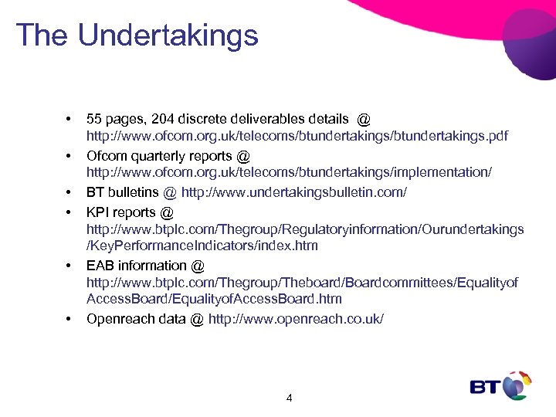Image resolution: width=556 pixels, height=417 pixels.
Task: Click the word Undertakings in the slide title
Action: (168, 35)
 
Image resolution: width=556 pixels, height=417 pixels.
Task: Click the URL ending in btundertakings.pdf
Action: (297, 137)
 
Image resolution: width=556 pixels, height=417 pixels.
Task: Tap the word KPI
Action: (99, 211)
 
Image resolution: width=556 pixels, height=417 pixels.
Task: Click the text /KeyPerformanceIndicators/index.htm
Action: (202, 246)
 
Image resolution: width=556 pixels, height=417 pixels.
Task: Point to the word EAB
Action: (100, 265)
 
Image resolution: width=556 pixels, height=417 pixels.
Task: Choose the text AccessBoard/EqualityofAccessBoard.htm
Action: (214, 300)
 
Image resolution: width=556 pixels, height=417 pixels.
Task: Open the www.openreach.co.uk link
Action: (296, 319)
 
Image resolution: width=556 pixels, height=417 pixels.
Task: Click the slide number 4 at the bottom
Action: (289, 398)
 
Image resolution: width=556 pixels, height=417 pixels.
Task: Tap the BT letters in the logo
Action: (486, 386)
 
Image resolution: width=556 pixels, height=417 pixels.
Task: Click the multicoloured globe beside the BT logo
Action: (517, 385)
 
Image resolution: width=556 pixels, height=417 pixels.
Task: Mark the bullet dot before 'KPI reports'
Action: (69, 212)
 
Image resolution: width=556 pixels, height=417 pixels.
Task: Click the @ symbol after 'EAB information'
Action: (198, 265)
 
